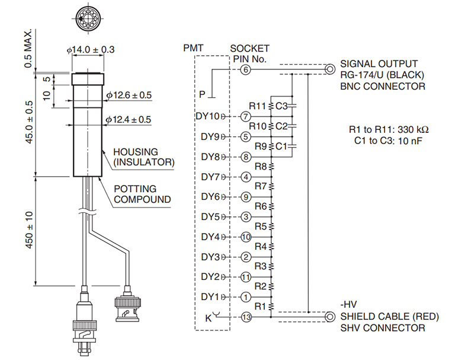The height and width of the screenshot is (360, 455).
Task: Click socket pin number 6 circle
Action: [246, 70]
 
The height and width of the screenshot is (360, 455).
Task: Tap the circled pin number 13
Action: [246, 317]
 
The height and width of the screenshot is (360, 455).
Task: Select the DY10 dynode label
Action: [207, 116]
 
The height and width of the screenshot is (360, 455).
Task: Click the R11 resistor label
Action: [258, 106]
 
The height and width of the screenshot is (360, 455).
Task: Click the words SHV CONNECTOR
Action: [382, 328]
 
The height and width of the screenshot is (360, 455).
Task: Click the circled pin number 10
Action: [246, 237]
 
